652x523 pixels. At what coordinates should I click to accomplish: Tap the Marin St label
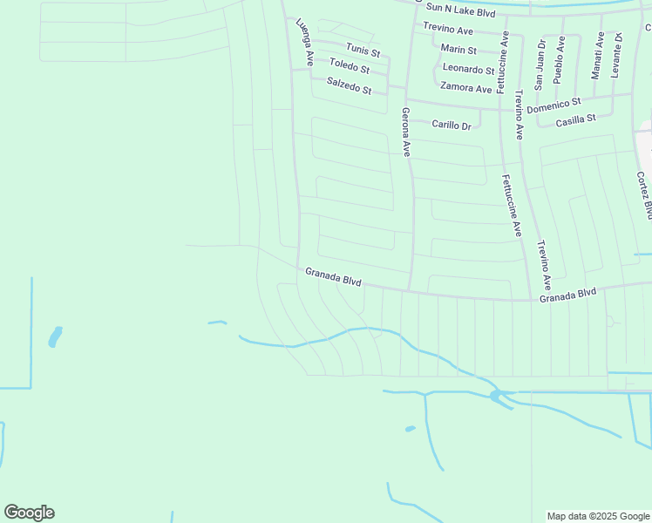458,50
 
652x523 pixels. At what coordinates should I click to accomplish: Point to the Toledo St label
350,67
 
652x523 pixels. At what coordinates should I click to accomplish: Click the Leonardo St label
468,69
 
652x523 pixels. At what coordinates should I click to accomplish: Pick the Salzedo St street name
349,85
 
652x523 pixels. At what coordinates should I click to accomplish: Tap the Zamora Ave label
465,88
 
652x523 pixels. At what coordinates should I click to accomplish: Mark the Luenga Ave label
304,42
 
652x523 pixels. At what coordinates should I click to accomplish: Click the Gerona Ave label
405,131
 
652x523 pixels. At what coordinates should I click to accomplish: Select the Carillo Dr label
452,126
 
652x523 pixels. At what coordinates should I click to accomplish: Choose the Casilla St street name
575,119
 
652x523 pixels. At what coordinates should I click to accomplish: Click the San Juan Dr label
540,64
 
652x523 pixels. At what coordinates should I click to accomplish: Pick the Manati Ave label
598,56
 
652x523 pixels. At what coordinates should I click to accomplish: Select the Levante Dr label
616,55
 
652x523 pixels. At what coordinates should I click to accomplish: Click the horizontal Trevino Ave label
448,31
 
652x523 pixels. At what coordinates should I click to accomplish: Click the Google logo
29,513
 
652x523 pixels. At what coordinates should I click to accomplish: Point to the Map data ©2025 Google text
598,516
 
